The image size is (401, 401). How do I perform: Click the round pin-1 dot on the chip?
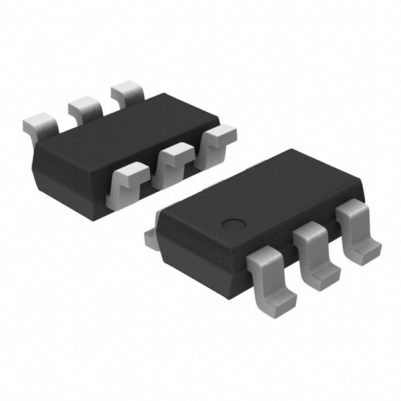pos(234,224)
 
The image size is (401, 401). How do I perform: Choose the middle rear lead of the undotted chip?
pos(83,108)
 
